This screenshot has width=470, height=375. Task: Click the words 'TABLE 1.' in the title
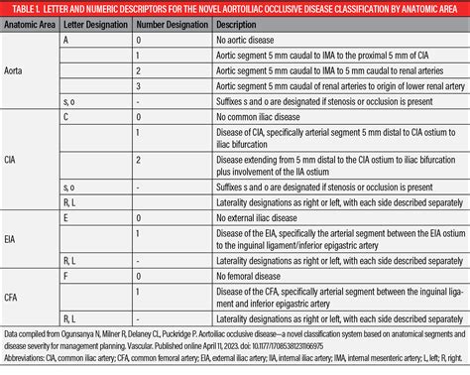pyautogui.click(x=23, y=11)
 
